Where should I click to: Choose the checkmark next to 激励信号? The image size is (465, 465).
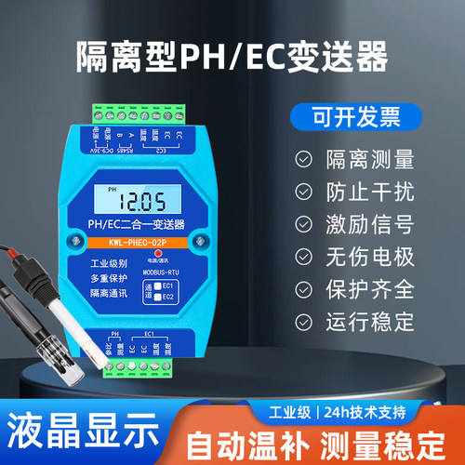(x=303, y=224)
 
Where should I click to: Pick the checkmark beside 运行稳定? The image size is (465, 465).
(x=303, y=323)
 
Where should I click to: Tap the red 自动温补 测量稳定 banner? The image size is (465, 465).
(x=321, y=440)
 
